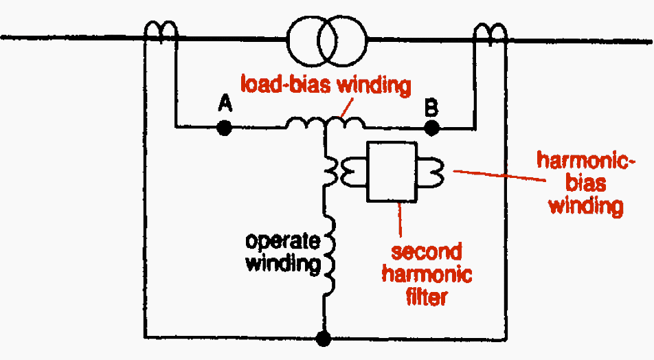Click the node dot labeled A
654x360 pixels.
[223, 127]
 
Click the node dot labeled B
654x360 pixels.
[431, 127]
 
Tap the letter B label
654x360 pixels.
[431, 106]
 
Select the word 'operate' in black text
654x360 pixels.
[282, 242]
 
